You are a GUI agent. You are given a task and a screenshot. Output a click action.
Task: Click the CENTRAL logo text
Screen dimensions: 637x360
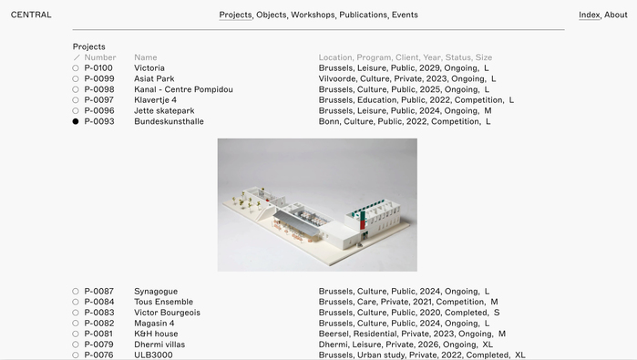click(31, 15)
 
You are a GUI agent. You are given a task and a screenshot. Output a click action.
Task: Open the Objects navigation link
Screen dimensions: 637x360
click(271, 15)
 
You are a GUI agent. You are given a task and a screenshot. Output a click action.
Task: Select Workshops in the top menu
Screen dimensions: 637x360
click(313, 15)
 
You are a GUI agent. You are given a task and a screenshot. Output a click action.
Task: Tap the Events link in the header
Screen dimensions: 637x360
click(405, 15)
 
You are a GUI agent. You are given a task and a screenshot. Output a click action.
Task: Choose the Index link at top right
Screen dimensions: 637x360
click(589, 15)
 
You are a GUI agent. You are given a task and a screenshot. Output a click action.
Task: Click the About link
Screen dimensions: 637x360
click(616, 15)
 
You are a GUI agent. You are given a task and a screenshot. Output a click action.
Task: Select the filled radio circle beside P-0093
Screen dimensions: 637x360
click(76, 121)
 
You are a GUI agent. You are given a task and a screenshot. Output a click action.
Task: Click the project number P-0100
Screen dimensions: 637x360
click(98, 67)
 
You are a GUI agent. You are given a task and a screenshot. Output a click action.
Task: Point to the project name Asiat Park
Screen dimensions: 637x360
click(154, 78)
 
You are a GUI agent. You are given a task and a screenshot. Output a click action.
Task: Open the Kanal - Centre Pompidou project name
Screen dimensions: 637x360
click(183, 89)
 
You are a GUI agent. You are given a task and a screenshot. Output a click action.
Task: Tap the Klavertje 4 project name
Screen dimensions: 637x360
click(155, 100)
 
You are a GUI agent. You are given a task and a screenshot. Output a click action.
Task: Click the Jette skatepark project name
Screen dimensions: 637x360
click(164, 111)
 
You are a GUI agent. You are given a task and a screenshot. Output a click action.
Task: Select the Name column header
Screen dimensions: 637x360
click(146, 57)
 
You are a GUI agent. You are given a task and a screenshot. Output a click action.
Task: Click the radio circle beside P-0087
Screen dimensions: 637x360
click(76, 292)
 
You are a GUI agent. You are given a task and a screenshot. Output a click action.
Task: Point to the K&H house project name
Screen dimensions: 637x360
click(156, 334)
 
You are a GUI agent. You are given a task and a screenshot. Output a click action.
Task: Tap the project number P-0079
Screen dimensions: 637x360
click(98, 345)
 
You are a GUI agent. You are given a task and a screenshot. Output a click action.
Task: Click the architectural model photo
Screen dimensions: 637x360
click(317, 205)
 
